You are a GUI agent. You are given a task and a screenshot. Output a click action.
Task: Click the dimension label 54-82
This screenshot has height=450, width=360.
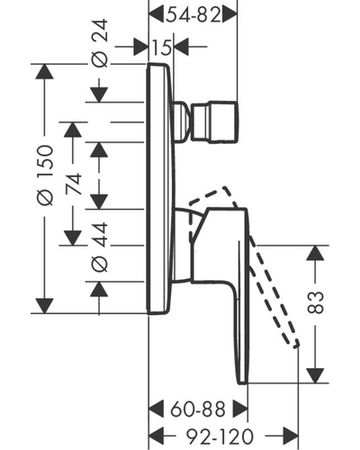[x=193, y=15]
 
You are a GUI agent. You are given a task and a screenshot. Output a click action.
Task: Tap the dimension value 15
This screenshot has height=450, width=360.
[x=162, y=47]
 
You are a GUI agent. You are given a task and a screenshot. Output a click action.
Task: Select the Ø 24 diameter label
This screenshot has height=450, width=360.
[x=99, y=43]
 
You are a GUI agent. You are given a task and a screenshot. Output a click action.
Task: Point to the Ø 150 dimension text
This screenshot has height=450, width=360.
[x=45, y=175]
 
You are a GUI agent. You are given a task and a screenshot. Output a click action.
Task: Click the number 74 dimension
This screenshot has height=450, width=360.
[x=74, y=184]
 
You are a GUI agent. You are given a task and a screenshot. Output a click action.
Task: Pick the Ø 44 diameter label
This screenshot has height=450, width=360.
[x=99, y=247]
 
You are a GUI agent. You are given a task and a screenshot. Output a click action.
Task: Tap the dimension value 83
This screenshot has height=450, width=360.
[x=316, y=302]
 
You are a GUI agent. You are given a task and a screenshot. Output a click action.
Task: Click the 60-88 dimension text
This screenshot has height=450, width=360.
[x=198, y=409]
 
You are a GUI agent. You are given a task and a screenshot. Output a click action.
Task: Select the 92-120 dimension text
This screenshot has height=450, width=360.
[x=220, y=436]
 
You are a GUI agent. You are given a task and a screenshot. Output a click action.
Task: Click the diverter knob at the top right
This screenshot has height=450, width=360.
[x=215, y=122]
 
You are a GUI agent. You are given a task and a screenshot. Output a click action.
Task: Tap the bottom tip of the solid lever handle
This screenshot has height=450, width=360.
[x=242, y=382]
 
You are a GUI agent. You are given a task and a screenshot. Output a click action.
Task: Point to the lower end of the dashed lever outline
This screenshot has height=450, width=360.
[x=296, y=345]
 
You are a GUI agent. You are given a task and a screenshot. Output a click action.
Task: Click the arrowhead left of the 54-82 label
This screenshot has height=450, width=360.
[x=157, y=14]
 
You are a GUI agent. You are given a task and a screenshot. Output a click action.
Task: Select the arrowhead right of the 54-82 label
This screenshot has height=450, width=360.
[x=229, y=14]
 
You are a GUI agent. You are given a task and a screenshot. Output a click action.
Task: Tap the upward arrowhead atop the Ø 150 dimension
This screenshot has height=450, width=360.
[x=45, y=72]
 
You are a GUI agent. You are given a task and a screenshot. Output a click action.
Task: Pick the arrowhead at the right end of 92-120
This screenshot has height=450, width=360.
[x=291, y=436]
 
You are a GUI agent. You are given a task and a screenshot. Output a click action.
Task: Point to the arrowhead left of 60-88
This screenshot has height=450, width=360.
[x=157, y=409]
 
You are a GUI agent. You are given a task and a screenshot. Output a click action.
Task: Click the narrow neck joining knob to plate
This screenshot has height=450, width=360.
[x=182, y=122]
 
